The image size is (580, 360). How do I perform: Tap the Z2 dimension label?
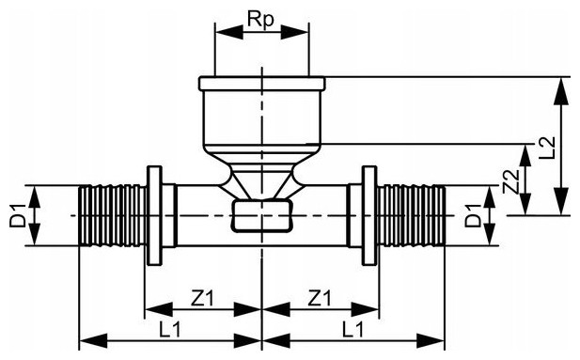coord(511,181)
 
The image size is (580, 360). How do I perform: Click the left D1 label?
coord(18,215)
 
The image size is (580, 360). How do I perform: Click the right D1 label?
coord(473,215)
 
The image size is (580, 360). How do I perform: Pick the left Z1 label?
coord(202,298)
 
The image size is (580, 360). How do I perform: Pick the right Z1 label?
coord(320,298)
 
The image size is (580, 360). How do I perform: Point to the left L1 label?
coord(170,329)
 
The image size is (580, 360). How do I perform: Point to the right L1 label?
coord(353,329)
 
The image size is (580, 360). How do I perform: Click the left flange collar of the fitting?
coord(154,215)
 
